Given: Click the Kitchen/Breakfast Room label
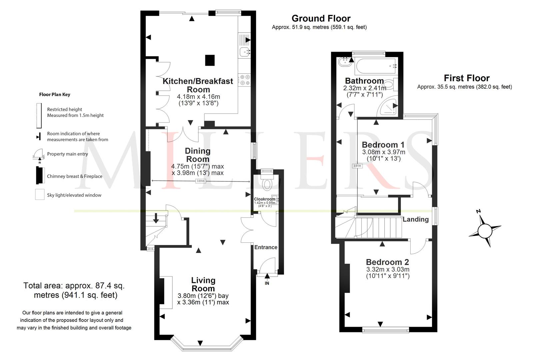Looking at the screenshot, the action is point(198,85).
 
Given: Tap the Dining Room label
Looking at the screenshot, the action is point(198,155).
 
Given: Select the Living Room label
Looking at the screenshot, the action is point(203,284).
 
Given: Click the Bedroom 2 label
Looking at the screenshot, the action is point(387,262).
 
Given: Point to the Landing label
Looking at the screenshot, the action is point(416,219).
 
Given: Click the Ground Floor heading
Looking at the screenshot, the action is point(321,18).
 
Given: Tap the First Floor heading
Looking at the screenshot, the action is point(467,78).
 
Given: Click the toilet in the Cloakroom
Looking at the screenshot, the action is point(267,182).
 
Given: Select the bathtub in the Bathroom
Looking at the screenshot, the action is point(376,66).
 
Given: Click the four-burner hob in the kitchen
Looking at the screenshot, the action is point(244,80).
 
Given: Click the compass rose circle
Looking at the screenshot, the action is point(485,231).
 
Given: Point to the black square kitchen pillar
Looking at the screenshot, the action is point(210,60).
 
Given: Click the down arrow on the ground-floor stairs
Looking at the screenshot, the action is point(156,218).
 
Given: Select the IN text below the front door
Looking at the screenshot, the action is point(267,283).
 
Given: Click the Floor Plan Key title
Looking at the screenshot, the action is point(55,95).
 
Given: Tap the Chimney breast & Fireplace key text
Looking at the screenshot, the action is point(75,176).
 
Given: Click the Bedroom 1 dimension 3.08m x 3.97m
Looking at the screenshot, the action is point(384,152).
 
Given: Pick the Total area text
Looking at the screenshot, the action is point(74,290).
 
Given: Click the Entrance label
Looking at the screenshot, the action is point(266,247).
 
